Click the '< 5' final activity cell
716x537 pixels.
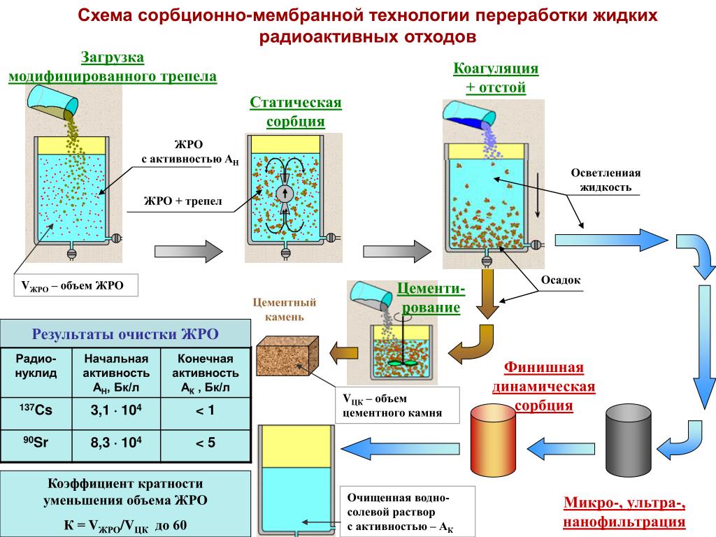tap(205, 443)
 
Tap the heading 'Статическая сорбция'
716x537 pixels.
tap(296, 112)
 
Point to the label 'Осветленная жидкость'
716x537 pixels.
tap(606, 180)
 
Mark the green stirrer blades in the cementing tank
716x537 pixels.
tap(401, 364)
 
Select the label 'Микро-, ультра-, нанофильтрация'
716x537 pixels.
tap(624, 513)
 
